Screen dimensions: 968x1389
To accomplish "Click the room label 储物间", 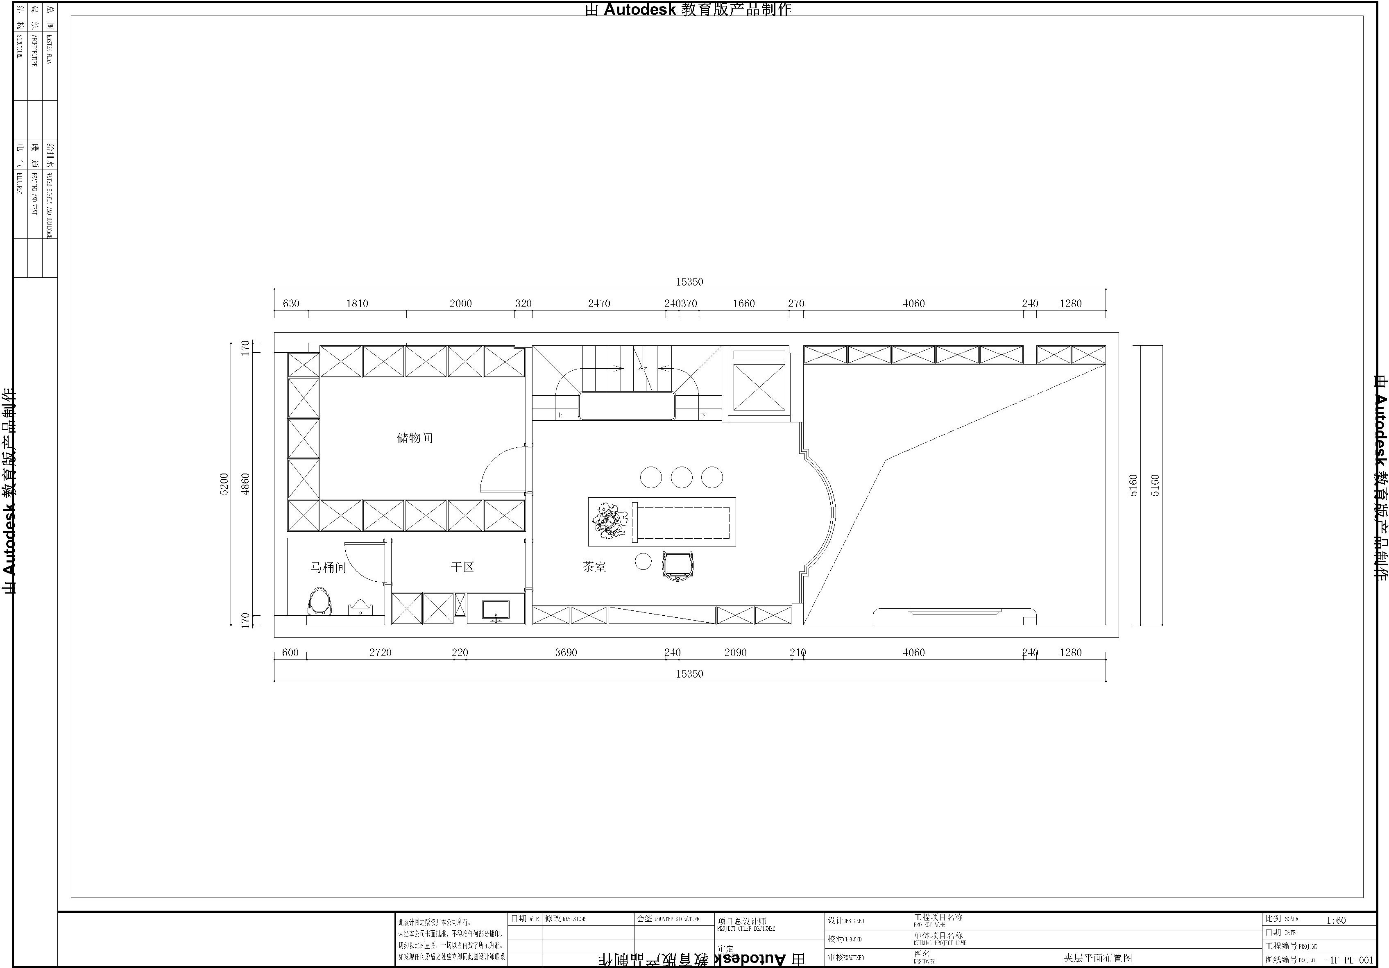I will (415, 438).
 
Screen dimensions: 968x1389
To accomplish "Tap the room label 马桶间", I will (329, 567).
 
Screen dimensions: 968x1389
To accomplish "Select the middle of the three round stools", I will (682, 477).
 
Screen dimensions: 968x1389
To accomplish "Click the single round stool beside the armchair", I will (643, 562).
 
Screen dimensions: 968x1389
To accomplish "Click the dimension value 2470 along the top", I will (599, 304).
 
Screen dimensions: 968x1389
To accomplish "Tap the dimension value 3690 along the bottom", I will (566, 653).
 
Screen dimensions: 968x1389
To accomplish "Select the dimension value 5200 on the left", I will (224, 484).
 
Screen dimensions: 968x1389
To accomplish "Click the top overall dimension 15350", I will (690, 282).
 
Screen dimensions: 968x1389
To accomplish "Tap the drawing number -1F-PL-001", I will (1348, 959).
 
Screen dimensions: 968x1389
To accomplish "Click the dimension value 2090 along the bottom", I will (736, 653).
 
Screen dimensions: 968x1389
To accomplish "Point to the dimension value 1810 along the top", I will (357, 304).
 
